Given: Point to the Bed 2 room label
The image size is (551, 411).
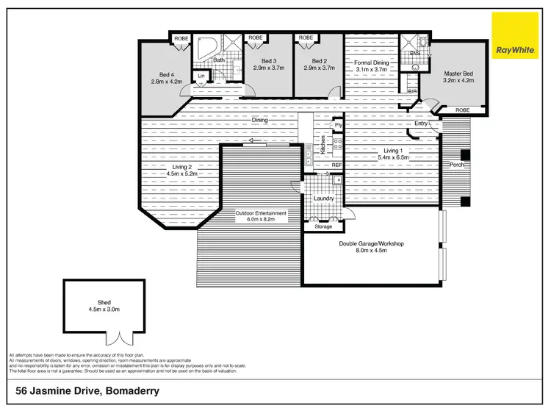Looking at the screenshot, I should [x=319, y=61].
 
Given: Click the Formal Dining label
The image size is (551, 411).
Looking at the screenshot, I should [x=371, y=62].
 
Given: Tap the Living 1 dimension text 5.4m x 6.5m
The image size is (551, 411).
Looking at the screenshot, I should [x=392, y=157].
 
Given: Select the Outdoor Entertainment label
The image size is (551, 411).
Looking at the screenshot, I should [x=261, y=214].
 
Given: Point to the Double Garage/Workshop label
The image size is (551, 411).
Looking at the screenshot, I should [x=372, y=243].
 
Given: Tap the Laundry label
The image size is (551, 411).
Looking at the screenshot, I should [x=324, y=199].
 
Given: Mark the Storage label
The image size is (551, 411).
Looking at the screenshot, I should [x=324, y=226].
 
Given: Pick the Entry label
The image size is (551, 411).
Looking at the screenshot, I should [x=421, y=124].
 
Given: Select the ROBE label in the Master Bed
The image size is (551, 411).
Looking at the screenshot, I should [x=462, y=110].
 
